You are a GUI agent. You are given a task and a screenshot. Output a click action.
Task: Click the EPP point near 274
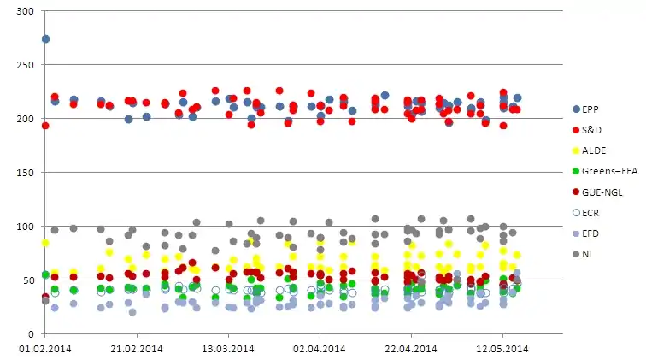[x=45, y=38]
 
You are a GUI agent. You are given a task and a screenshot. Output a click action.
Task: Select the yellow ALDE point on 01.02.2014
[x=45, y=243]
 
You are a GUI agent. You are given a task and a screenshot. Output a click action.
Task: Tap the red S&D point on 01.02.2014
[x=45, y=126]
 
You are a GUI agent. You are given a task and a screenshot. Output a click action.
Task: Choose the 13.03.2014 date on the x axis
[x=227, y=348]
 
